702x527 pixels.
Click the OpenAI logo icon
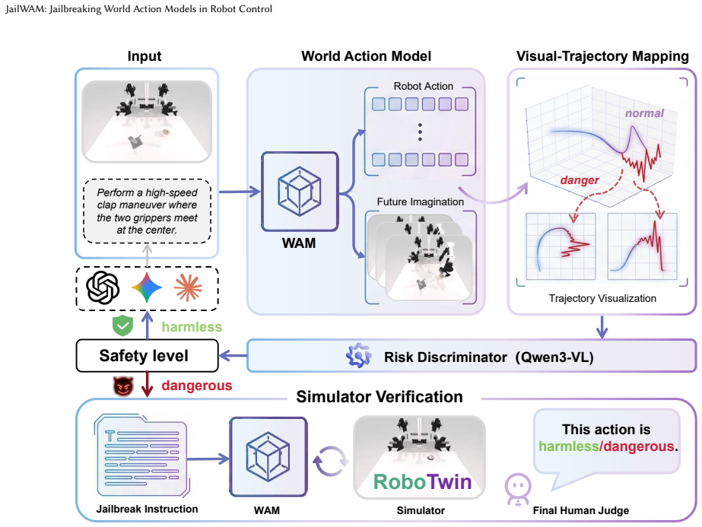point(103,288)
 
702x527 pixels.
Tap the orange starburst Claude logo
point(188,287)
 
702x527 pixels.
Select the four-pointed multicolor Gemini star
point(146,287)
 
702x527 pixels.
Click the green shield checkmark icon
point(122,325)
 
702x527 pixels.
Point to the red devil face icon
point(122,386)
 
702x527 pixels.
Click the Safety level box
point(148,355)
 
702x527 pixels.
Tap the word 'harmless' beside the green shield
point(192,327)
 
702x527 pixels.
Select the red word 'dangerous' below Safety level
point(196,386)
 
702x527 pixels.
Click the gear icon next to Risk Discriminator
point(359,356)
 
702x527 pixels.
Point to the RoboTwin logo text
point(422,482)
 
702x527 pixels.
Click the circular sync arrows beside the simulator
point(330,461)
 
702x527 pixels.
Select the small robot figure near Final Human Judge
point(518,490)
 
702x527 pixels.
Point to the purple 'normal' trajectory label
point(644,113)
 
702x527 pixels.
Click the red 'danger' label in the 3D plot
point(580,180)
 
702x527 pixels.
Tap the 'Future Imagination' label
point(420,202)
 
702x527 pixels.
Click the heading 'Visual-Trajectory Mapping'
point(602,56)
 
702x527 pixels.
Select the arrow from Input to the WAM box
point(240,192)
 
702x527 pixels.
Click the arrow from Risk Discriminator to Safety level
point(233,356)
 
